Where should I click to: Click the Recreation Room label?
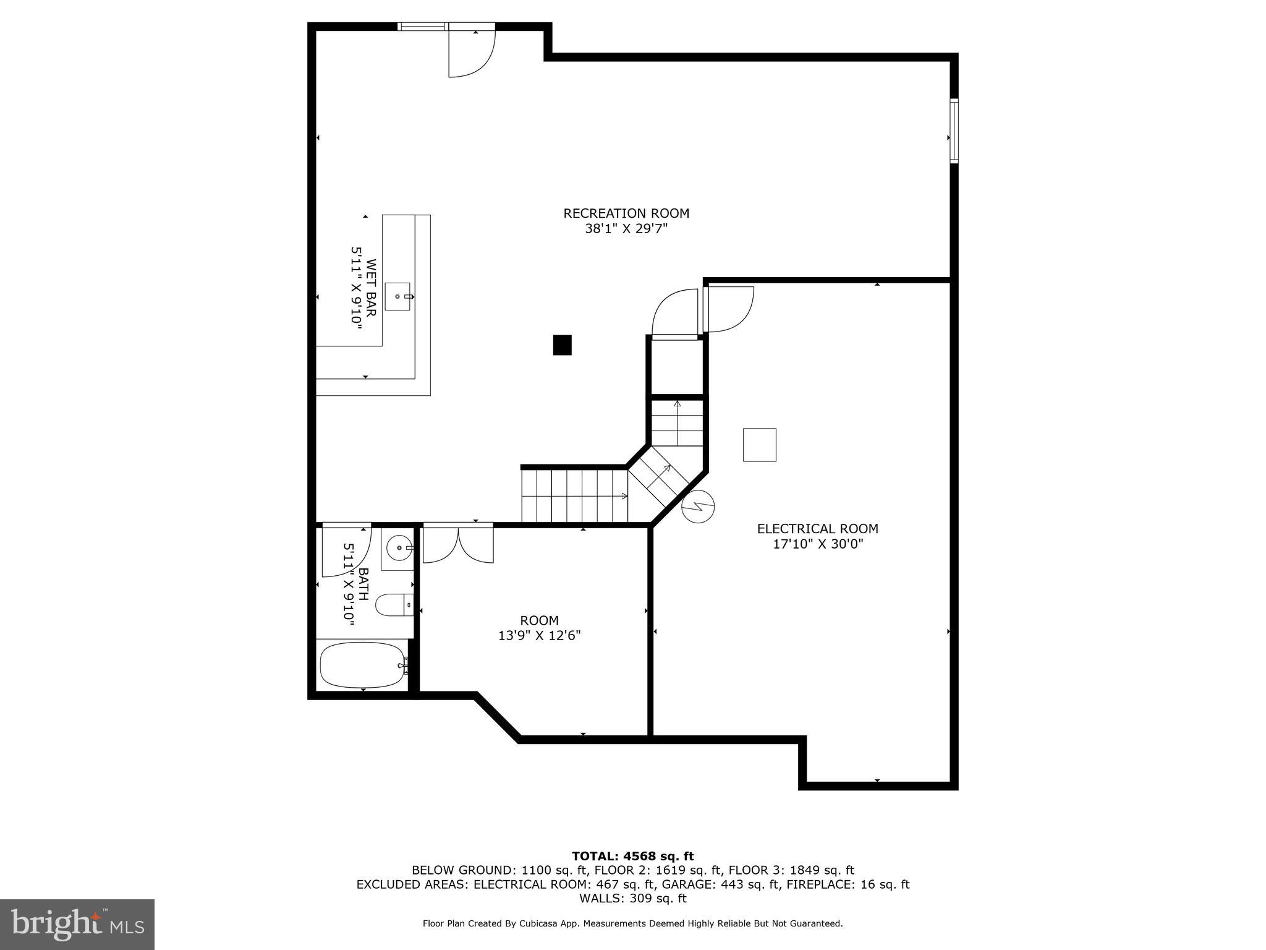tap(626, 213)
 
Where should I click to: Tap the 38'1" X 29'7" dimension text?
tap(626, 229)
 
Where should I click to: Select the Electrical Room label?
tap(817, 529)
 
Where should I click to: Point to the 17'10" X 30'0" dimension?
tap(817, 544)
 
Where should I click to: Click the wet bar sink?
tap(397, 296)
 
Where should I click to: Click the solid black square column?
tap(562, 345)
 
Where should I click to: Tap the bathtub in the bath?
tap(362, 665)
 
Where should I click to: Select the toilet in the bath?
tap(393, 605)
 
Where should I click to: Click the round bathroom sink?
tap(397, 547)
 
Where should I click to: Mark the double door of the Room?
tap(458, 543)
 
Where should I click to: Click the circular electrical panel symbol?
tap(698, 507)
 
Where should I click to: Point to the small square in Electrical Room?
tap(759, 445)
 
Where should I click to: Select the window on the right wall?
tap(954, 131)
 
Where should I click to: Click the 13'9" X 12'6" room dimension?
tap(539, 635)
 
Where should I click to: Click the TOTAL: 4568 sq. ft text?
tap(632, 856)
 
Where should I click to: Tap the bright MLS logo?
tap(77, 925)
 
